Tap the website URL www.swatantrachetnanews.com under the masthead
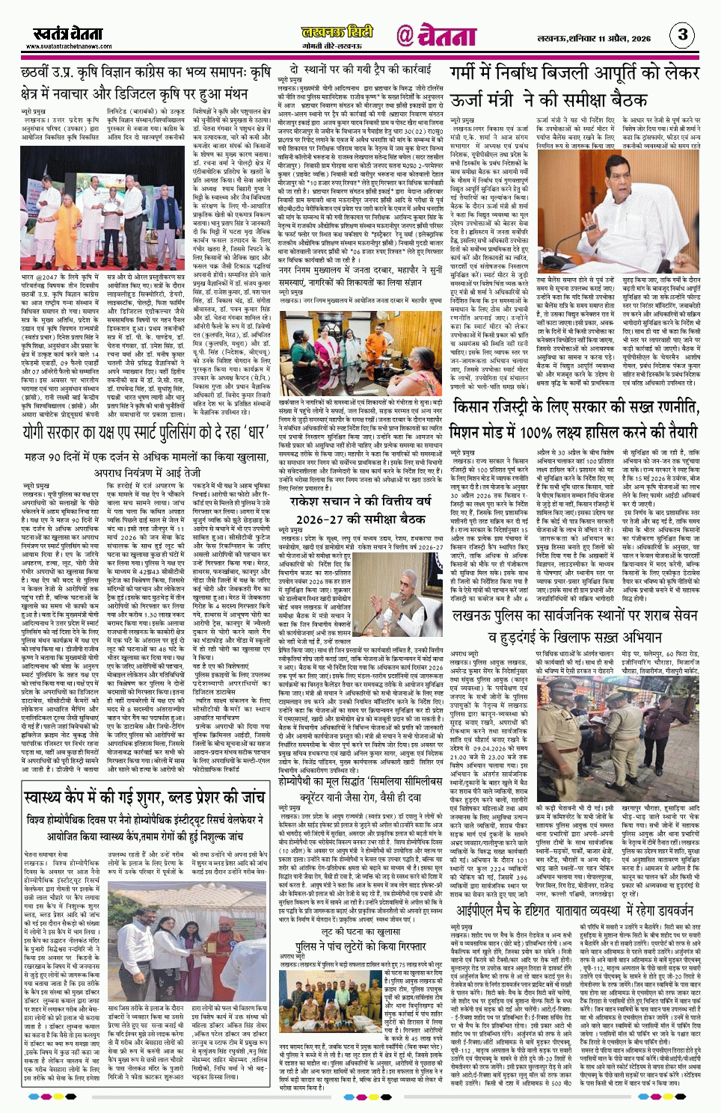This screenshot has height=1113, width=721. (x=69, y=46)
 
